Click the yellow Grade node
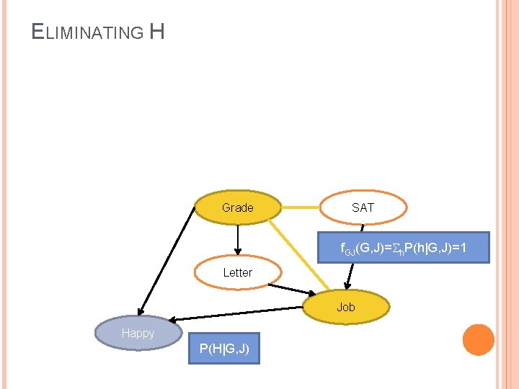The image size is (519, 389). tap(238, 207)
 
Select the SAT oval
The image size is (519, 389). tap(363, 207)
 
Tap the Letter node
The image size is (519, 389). tap(237, 272)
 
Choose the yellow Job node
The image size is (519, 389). tap(346, 307)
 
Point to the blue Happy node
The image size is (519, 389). tap(138, 333)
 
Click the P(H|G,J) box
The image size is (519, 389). tap(223, 349)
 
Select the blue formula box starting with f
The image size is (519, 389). tap(404, 248)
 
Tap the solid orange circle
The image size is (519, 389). tap(478, 340)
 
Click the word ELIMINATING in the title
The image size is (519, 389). tap(89, 32)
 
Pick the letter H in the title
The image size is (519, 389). tap(157, 32)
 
